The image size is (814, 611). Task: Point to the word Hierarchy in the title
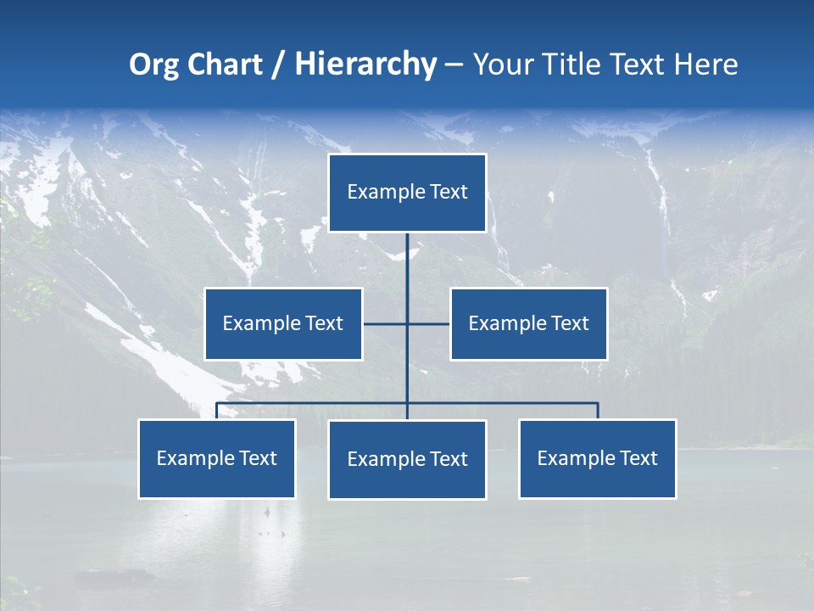click(x=365, y=64)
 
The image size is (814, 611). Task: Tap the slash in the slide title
click(x=276, y=64)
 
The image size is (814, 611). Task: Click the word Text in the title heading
click(x=638, y=64)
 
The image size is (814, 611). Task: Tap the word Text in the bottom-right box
click(x=638, y=458)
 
